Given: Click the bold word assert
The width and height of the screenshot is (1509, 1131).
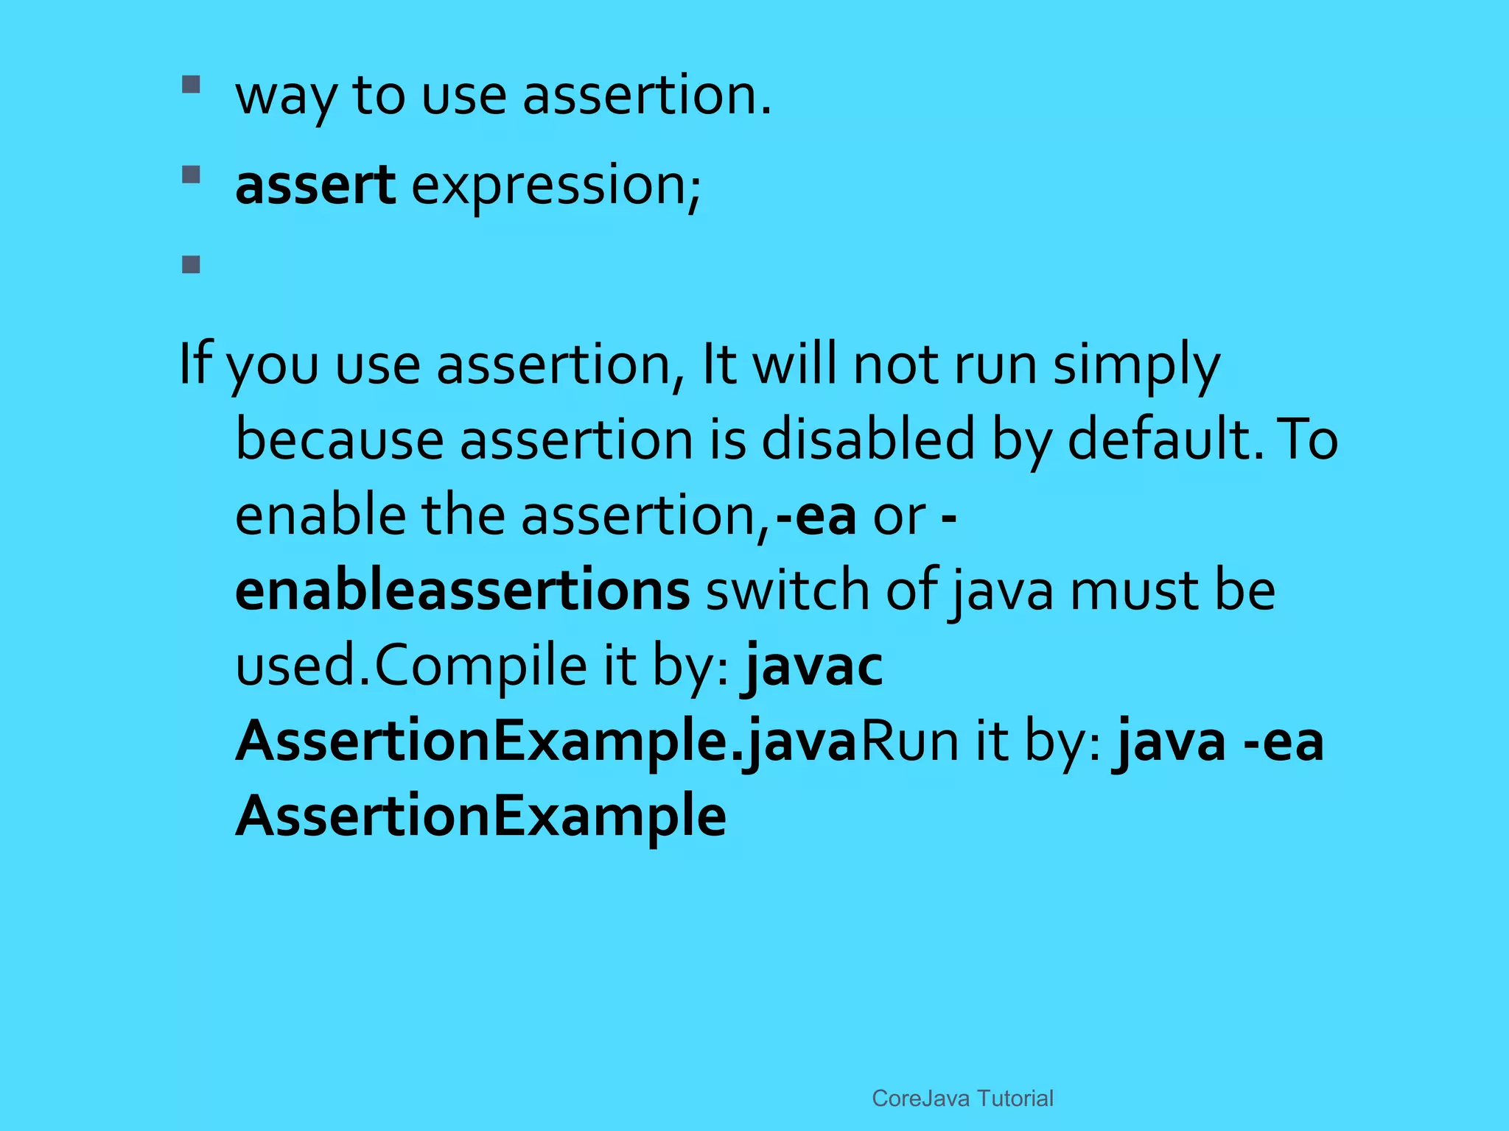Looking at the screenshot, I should [315, 186].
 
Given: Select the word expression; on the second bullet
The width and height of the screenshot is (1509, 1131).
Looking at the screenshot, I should [556, 186].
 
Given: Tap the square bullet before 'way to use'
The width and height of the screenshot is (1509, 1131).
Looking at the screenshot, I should [192, 85].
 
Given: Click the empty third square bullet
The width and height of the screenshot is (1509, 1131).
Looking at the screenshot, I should [192, 264].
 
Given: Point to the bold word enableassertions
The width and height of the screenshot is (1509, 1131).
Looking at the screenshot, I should [462, 591].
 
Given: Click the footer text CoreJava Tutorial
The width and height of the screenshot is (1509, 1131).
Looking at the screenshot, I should [962, 1098].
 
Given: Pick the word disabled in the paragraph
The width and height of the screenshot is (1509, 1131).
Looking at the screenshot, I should [868, 440].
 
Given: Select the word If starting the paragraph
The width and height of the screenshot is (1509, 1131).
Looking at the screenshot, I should [195, 364].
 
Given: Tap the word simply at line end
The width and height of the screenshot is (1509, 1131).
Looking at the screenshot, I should [1135, 365].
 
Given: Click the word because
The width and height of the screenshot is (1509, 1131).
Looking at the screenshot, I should [340, 440].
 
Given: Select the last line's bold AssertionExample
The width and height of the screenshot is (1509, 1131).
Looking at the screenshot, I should [480, 817].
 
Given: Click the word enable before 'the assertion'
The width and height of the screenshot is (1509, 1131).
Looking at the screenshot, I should [320, 515].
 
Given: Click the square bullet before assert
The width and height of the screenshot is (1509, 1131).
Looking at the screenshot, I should [192, 175].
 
